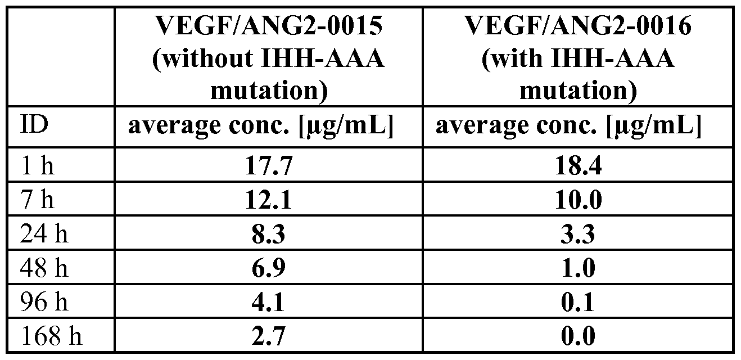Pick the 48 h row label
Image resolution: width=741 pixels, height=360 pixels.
(x=44, y=268)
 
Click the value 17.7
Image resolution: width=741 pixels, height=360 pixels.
(x=269, y=167)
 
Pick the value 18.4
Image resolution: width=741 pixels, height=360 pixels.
(x=577, y=167)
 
